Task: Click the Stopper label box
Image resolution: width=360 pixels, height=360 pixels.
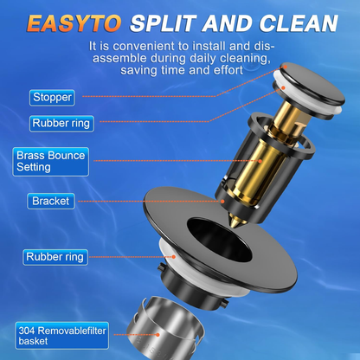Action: pos(53,97)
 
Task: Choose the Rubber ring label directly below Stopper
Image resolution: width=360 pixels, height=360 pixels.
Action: pos(61,123)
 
